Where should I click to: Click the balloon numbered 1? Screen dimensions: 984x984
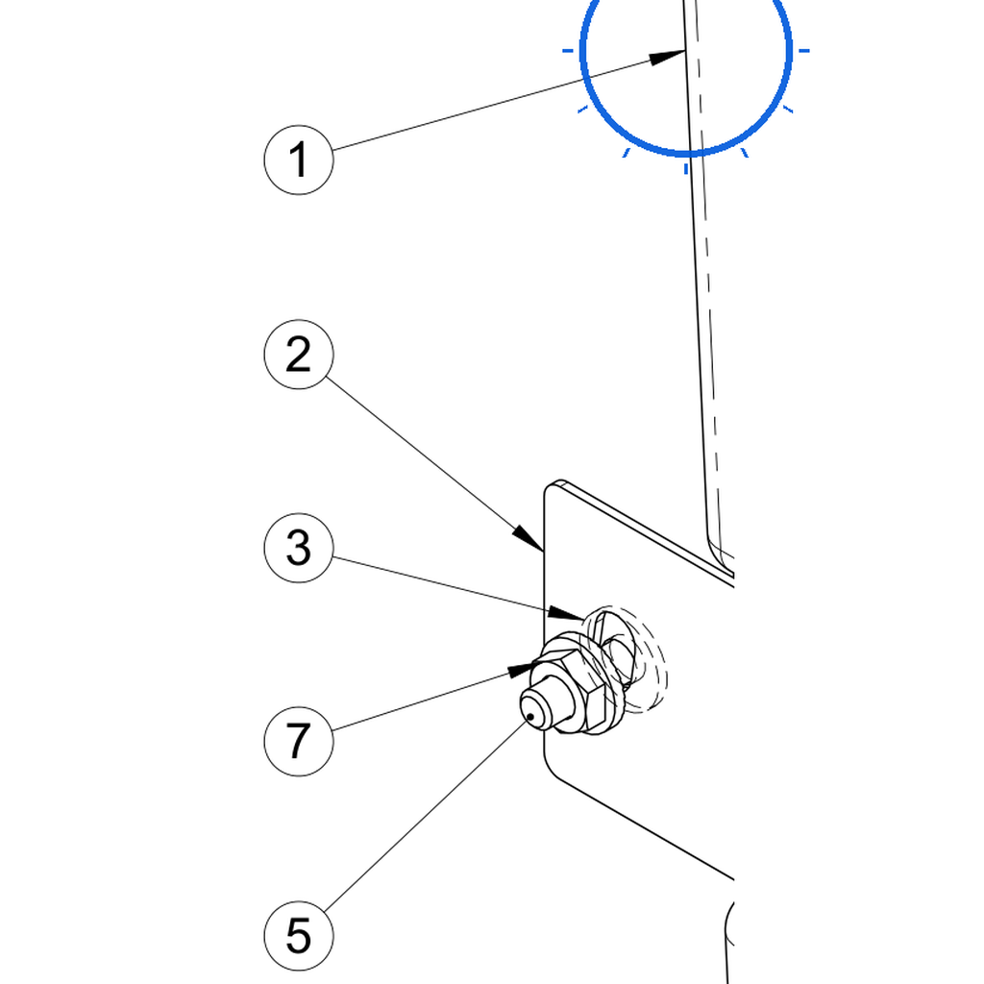pyautogui.click(x=299, y=160)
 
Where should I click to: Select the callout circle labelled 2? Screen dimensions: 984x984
pyautogui.click(x=299, y=355)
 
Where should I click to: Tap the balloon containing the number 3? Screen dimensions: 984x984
pyautogui.click(x=299, y=548)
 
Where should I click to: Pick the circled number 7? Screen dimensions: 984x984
pyautogui.click(x=299, y=741)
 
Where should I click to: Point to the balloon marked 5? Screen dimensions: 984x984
pyautogui.click(x=299, y=936)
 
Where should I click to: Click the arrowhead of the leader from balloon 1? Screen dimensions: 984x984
pyautogui.click(x=667, y=57)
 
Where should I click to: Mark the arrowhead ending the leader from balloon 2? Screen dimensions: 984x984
pyautogui.click(x=529, y=538)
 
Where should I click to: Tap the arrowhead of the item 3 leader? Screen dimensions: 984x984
pyautogui.click(x=565, y=612)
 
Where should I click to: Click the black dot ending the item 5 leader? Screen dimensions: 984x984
pyautogui.click(x=530, y=716)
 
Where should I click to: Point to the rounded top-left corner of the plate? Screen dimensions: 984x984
pyautogui.click(x=551, y=487)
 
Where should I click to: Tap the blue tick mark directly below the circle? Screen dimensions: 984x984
pyautogui.click(x=686, y=168)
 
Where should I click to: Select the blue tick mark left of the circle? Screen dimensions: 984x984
pyautogui.click(x=568, y=50)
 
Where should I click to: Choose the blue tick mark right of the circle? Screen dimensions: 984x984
pyautogui.click(x=804, y=50)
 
